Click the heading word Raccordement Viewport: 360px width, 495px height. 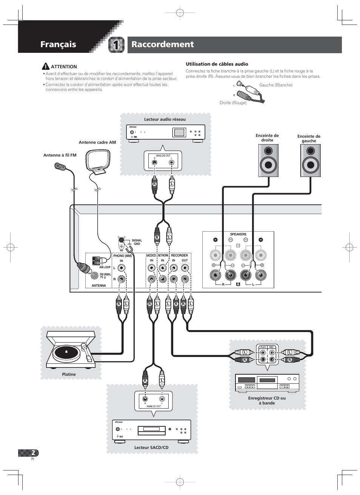click(163, 45)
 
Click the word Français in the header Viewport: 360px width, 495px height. click(58, 45)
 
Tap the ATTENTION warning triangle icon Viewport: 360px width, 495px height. click(46, 66)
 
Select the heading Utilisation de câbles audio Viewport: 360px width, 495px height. click(217, 64)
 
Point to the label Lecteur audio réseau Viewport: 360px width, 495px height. click(165, 119)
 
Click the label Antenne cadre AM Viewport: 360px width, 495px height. click(97, 142)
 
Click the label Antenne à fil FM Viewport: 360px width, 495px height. click(60, 155)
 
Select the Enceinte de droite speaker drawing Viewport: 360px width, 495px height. click(268, 160)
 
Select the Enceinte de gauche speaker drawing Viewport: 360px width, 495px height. click(311, 160)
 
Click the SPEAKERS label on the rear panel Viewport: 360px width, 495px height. click(238, 234)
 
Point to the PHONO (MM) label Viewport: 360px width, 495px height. click(122, 256)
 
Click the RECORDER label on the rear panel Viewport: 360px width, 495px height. click(180, 255)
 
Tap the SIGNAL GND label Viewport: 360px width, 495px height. click(137, 242)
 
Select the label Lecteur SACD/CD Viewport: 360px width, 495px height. click(151, 447)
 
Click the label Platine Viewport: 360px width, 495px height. click(69, 374)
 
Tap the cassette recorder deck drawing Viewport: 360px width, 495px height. click(267, 383)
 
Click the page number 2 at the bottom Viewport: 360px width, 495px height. click(34, 453)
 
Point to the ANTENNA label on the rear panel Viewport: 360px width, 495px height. click(99, 286)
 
